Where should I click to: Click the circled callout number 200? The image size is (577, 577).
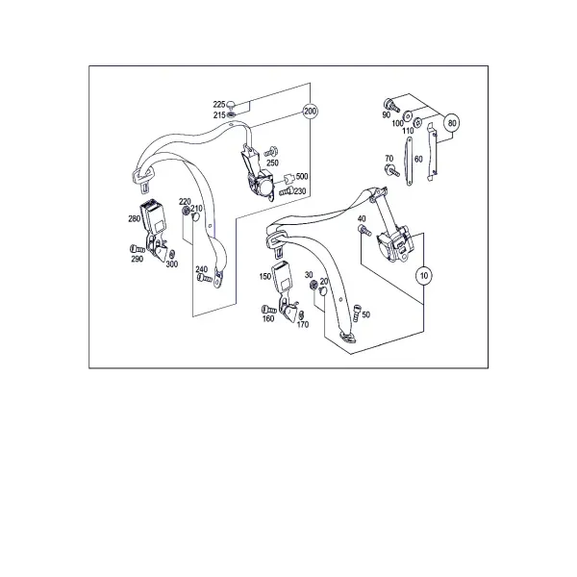[x=310, y=111]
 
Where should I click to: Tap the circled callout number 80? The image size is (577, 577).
[x=452, y=122]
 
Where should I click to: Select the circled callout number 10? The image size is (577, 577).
[x=424, y=275]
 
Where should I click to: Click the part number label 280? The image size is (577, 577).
[x=134, y=218]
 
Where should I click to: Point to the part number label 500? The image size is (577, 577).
[x=302, y=176]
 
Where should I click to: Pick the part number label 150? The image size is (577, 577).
[x=265, y=276]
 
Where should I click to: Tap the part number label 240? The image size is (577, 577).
[x=201, y=269]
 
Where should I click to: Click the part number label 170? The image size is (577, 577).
[x=303, y=324]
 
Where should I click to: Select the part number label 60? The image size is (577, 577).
[x=418, y=159]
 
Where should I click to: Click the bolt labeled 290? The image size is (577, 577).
[x=138, y=249]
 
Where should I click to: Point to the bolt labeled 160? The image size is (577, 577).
[x=268, y=310]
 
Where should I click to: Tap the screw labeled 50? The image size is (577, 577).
[x=357, y=313]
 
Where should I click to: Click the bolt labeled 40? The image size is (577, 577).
[x=364, y=231]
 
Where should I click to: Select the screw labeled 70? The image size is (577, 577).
[x=391, y=171]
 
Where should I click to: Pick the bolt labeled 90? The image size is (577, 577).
[x=391, y=105]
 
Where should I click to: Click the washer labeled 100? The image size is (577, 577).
[x=408, y=115]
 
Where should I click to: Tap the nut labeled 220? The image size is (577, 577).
[x=187, y=211]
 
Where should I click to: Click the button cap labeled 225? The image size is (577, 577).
[x=231, y=105]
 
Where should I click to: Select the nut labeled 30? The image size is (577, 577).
[x=314, y=285]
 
